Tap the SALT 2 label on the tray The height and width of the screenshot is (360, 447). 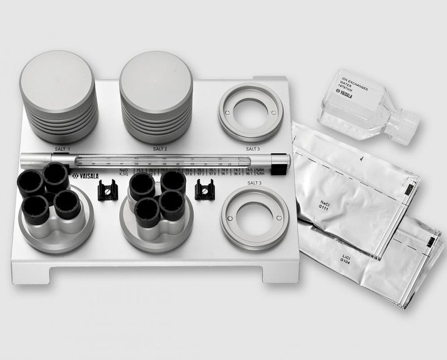(x=160, y=149)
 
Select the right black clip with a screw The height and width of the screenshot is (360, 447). (x=205, y=191)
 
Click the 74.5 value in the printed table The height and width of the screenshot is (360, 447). (x=248, y=169)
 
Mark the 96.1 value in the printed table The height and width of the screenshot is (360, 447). (x=248, y=174)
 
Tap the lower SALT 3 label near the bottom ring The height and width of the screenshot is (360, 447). (x=253, y=182)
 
